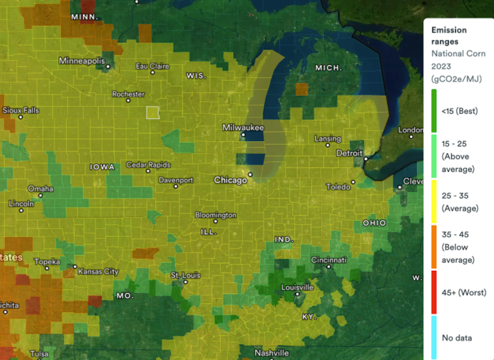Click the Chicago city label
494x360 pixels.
230,180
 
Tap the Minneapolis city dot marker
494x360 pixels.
108,67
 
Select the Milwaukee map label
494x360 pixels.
243,127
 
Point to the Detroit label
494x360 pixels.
349,153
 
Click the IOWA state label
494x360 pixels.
102,167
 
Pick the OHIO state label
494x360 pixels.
374,223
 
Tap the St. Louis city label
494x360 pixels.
186,275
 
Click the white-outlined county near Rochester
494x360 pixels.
153,113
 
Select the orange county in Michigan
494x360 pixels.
302,89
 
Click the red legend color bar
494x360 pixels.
434,292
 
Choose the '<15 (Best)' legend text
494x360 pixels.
460,111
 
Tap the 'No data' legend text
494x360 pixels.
457,338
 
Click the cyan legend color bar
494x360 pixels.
434,337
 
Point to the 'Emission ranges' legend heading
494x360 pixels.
449,36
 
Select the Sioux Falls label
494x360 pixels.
21,110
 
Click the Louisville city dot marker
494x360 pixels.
298,294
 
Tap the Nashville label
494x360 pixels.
272,353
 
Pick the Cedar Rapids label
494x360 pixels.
148,165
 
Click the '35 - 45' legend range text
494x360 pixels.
455,234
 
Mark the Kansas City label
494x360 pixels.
98,271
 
